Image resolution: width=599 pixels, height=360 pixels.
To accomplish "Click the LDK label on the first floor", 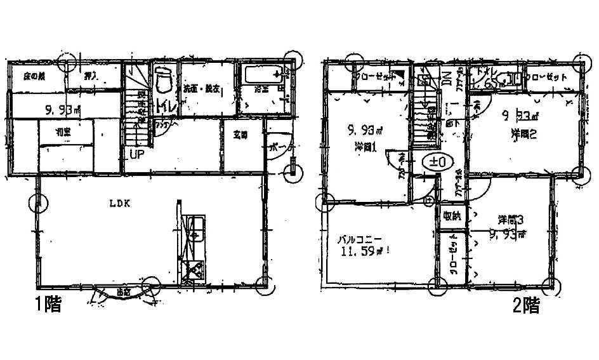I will point(121,204).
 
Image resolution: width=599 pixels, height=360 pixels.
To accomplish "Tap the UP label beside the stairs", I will point(136,154).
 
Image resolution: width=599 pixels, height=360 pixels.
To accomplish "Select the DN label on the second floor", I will point(446,77).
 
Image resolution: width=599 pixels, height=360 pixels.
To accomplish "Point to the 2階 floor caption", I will point(526,307).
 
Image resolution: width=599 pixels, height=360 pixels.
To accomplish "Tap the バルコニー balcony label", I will point(359,240).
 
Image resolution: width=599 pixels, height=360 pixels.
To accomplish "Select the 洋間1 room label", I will point(364,146).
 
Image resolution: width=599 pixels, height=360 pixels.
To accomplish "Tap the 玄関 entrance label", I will point(239,135).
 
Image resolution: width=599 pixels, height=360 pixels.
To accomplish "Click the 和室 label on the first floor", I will point(63,135).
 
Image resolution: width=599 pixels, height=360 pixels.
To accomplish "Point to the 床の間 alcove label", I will point(33,76).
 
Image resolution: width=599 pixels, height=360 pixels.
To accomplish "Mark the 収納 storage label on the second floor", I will point(451,215).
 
